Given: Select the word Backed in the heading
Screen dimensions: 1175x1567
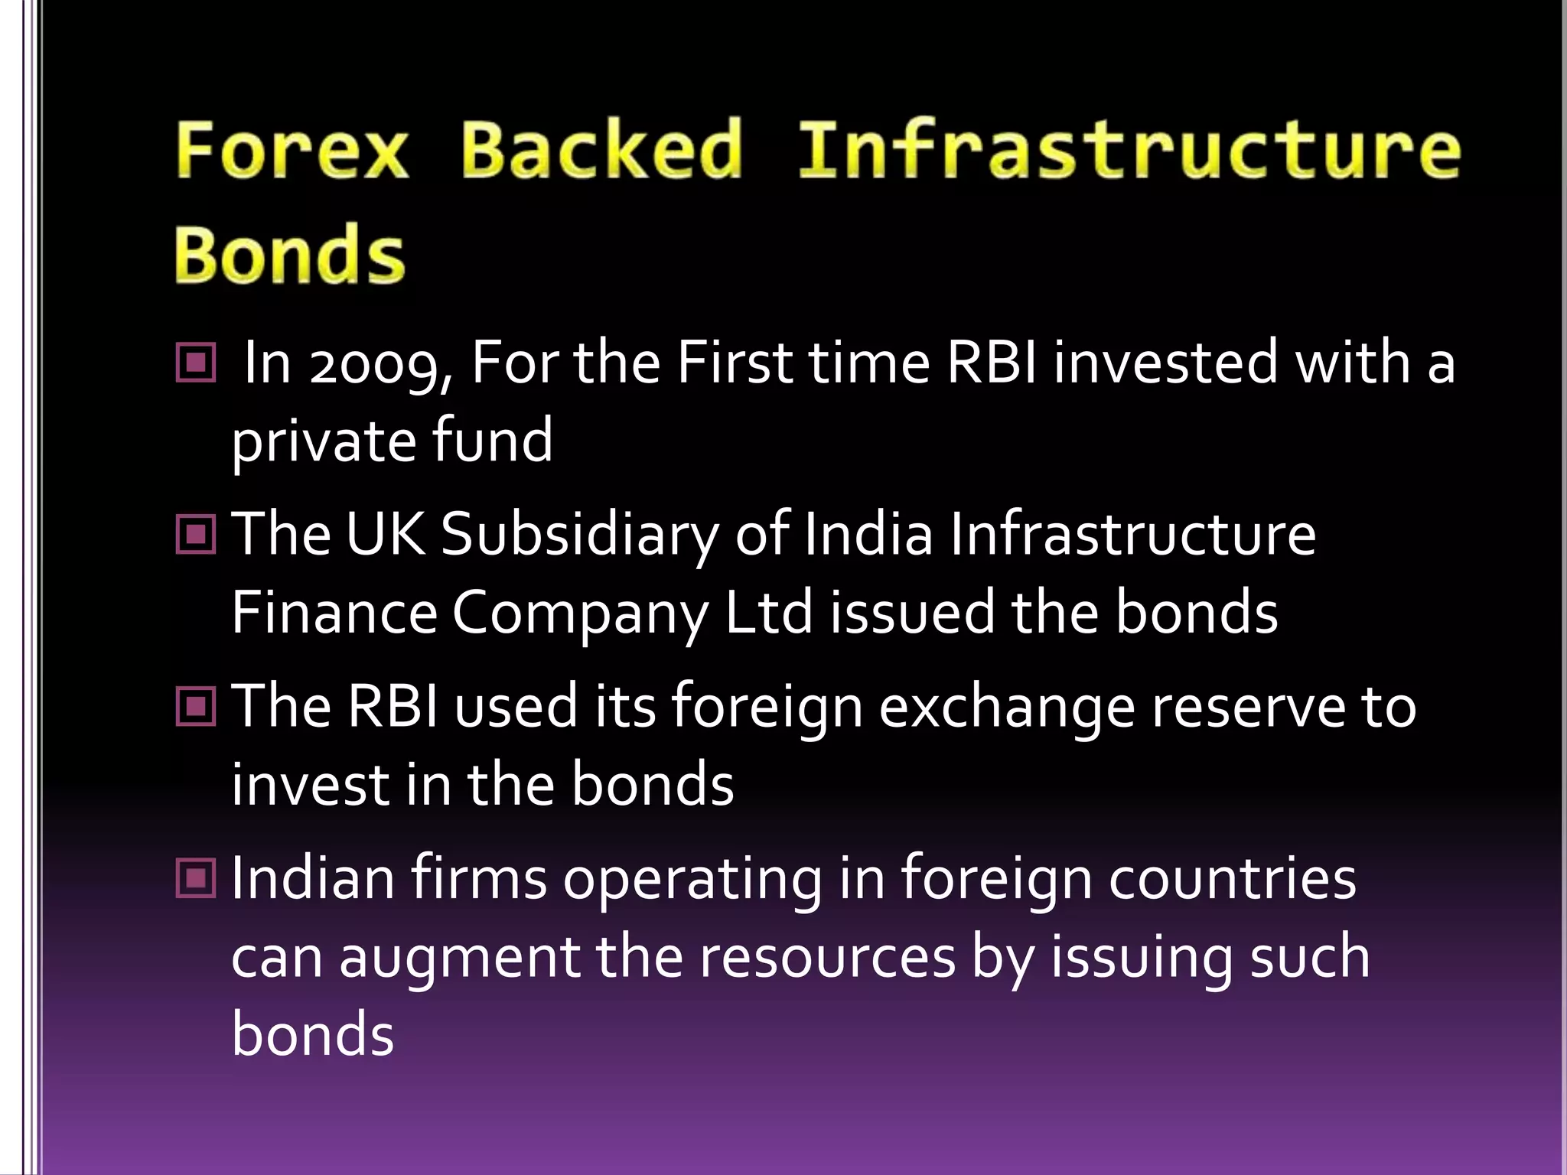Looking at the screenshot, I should (x=601, y=149).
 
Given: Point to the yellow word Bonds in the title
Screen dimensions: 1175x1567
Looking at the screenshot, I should (x=289, y=255).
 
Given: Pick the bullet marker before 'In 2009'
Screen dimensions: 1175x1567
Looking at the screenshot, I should (x=196, y=362).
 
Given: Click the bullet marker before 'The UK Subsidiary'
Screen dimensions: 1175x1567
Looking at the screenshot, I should (x=196, y=533).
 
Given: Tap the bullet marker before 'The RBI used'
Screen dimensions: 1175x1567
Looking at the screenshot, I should (x=196, y=705).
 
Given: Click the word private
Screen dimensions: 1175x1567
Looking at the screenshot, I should (x=322, y=442).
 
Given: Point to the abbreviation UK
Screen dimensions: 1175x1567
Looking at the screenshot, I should (x=385, y=533).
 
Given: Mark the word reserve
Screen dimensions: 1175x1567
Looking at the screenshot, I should (x=1247, y=707).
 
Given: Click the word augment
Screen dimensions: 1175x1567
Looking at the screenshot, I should (x=458, y=959).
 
